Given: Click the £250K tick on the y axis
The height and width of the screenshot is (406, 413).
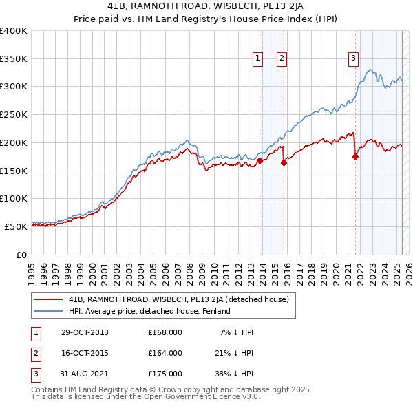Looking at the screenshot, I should click(14, 114).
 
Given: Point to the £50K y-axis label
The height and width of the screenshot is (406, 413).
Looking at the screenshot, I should click(16, 226).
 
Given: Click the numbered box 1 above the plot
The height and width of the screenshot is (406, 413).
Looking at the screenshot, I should click(257, 59).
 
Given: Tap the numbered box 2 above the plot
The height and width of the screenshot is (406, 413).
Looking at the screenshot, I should click(282, 59).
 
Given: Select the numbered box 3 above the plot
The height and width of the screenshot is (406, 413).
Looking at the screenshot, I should click(353, 59).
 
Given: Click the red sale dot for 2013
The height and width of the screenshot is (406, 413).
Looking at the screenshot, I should click(260, 161).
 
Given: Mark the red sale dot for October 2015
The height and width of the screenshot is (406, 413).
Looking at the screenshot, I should click(284, 163).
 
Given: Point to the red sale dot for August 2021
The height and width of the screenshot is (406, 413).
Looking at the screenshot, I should click(356, 157).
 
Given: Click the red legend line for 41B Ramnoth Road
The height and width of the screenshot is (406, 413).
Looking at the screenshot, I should click(49, 299).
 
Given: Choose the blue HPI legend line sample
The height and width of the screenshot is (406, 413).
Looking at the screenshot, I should click(49, 311).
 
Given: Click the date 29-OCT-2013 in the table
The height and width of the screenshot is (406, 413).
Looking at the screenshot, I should click(85, 332).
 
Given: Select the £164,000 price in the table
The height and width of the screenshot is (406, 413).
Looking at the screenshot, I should click(165, 353).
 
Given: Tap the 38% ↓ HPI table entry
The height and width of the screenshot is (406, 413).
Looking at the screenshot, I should click(237, 374).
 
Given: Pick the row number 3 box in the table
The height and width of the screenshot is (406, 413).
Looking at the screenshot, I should click(36, 374).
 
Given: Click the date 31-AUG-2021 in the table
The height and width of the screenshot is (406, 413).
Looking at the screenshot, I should click(85, 374).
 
